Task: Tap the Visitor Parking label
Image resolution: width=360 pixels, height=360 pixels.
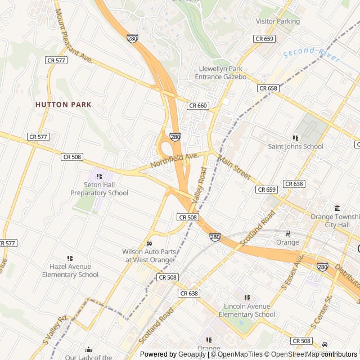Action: tap(277, 21)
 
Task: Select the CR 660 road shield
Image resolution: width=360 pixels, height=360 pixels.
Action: tap(198, 106)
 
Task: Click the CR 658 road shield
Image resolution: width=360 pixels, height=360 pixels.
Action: tap(268, 88)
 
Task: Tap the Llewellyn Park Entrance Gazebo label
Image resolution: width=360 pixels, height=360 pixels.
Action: tap(220, 73)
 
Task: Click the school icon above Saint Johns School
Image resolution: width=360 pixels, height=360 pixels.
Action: tap(295, 138)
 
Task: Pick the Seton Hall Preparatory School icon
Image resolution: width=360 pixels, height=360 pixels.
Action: tap(99, 177)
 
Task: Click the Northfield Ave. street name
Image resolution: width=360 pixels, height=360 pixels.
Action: tap(174, 160)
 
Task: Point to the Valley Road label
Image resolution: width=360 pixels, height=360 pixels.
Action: tap(200, 185)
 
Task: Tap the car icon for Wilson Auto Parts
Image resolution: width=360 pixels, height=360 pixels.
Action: tap(149, 243)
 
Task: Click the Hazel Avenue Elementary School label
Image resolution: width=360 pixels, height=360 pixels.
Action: tap(70, 271)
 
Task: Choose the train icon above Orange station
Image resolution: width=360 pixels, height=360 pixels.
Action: tap(287, 233)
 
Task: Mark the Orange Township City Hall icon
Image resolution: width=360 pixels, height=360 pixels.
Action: tap(337, 208)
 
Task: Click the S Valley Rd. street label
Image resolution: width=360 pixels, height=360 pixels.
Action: tap(54, 330)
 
